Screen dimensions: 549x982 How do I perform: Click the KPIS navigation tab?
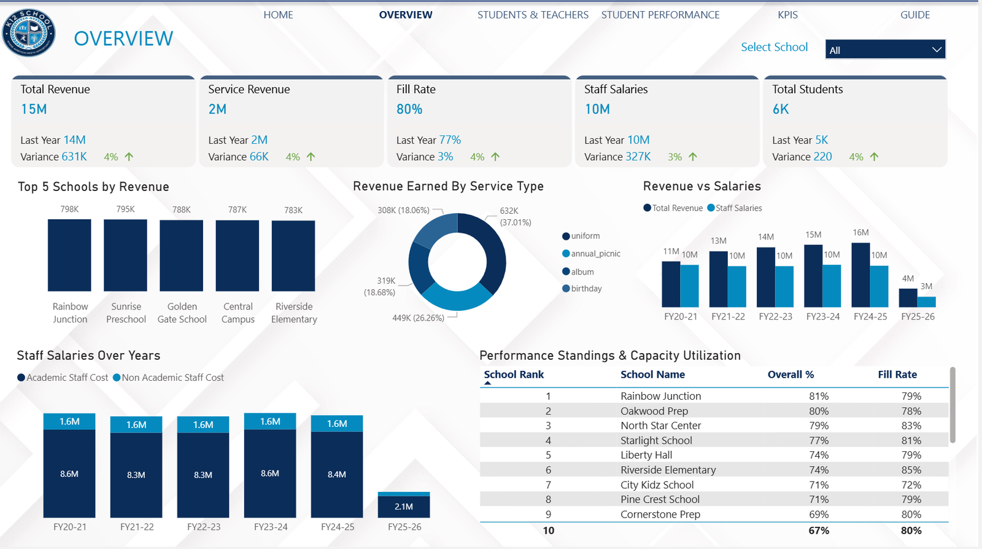pyautogui.click(x=787, y=15)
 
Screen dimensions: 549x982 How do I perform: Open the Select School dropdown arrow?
pyautogui.click(x=937, y=50)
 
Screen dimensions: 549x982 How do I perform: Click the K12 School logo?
pyautogui.click(x=29, y=33)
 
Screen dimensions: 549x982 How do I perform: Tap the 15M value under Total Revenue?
pyautogui.click(x=34, y=109)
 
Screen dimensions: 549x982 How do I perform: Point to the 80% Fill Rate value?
pyautogui.click(x=409, y=109)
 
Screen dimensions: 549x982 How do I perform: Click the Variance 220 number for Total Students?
pyautogui.click(x=822, y=157)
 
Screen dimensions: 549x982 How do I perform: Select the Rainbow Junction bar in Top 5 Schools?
pyautogui.click(x=69, y=255)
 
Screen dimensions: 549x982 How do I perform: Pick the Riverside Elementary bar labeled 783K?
pyautogui.click(x=293, y=255)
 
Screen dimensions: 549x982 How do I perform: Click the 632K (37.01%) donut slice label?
pyautogui.click(x=515, y=216)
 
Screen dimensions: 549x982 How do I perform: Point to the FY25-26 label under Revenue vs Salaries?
pyautogui.click(x=918, y=317)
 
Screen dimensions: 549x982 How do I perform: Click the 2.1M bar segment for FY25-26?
pyautogui.click(x=404, y=507)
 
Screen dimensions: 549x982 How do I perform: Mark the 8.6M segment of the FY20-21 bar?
pyautogui.click(x=69, y=473)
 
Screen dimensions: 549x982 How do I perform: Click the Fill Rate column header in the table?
pyautogui.click(x=897, y=375)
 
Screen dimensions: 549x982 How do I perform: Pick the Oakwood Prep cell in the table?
pyautogui.click(x=654, y=411)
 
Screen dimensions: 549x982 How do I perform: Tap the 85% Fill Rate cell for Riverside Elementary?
pyautogui.click(x=911, y=470)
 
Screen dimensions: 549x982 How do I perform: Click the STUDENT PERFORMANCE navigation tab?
pyautogui.click(x=660, y=15)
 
